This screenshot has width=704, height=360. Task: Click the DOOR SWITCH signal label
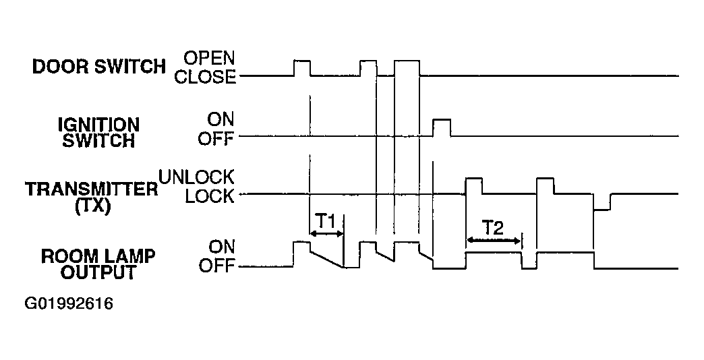pos(99,67)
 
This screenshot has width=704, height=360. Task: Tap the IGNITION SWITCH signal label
pos(98,133)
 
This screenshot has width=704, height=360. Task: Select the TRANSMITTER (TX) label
pos(92,197)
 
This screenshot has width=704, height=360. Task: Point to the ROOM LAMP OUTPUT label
pos(98,264)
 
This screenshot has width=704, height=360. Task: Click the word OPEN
pos(209,58)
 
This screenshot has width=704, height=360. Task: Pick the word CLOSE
pos(205,77)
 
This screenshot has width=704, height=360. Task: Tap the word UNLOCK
pos(196,177)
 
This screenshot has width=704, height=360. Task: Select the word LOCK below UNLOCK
pos(210,196)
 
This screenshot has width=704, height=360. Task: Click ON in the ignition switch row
pos(221,119)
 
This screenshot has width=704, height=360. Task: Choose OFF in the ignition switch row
pos(216,139)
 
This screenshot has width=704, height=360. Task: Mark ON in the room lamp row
pos(221,247)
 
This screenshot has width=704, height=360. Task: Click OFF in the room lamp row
pos(216,266)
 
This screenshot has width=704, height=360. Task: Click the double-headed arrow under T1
pos(326,233)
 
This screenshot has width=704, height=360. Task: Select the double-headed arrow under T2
pos(494,240)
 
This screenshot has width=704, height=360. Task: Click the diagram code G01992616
pos(69,304)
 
